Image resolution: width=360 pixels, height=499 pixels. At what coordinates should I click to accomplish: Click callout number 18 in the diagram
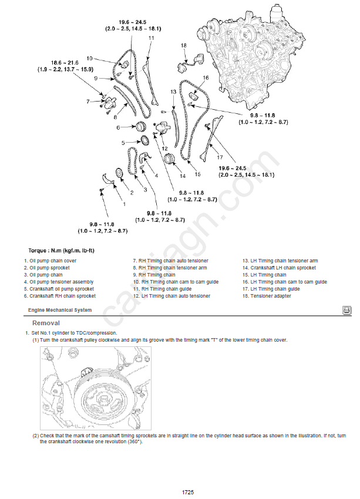[183, 45]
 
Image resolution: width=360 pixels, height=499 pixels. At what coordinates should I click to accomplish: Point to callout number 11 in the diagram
[151, 38]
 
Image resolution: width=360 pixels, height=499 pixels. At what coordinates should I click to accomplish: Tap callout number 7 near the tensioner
[88, 102]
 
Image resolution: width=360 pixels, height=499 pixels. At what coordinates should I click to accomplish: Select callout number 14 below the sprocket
[183, 176]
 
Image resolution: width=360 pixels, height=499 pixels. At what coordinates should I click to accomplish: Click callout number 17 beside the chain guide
[220, 157]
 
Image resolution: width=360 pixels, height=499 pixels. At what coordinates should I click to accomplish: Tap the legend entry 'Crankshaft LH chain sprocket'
[278, 268]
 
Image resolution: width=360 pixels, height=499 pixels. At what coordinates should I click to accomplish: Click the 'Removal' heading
[46, 323]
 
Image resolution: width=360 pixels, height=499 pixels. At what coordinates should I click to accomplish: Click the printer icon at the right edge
[347, 310]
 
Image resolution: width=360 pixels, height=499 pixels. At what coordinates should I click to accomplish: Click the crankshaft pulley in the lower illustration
[106, 400]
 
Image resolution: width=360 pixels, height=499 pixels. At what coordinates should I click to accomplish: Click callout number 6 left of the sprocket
[117, 127]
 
